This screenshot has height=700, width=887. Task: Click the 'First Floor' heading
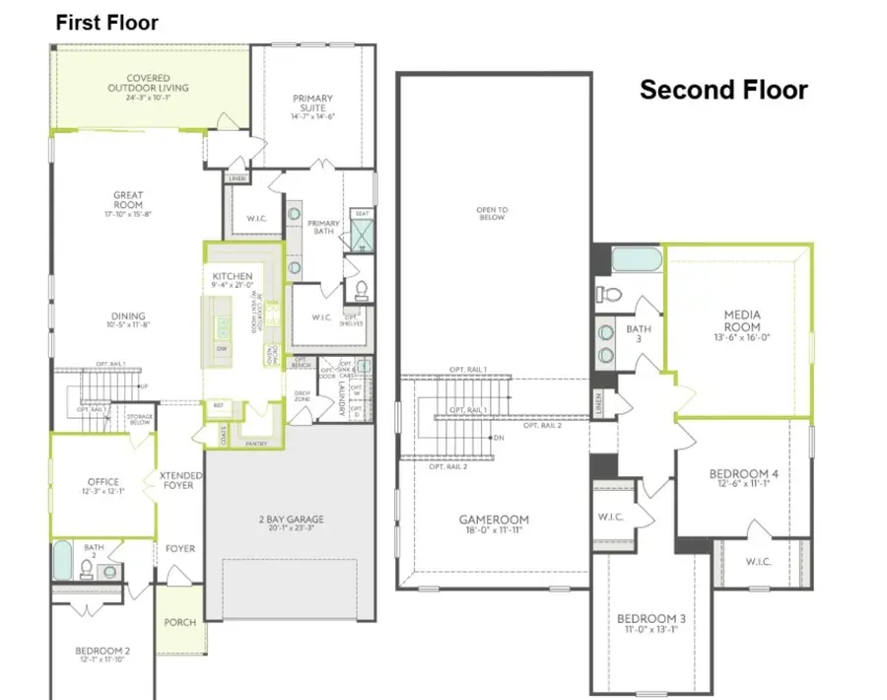106,22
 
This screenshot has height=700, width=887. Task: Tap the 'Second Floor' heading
723,90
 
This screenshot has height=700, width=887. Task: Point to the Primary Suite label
312,99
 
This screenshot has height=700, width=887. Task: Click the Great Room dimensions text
128,214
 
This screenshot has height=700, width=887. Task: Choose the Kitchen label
232,276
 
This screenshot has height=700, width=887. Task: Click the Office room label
102,482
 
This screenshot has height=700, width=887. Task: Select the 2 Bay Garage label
290,520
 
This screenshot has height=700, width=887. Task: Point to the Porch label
180,622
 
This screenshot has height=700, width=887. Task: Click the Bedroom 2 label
102,651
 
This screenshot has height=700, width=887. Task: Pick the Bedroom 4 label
744,474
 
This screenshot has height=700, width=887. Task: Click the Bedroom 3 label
651,618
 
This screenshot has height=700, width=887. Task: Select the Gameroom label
493,520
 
